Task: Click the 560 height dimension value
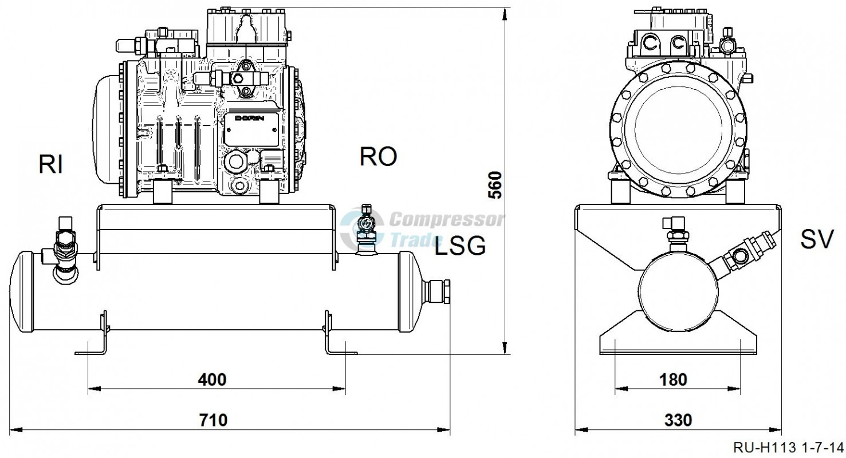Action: coord(495,185)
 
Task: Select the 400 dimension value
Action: coord(213,380)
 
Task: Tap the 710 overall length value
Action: coord(214,420)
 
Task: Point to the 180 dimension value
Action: coord(673,380)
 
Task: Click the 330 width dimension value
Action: coord(678,420)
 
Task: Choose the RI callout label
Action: coord(50,165)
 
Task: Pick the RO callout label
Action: coord(378,156)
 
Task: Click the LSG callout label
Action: coord(460,246)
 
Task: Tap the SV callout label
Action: coord(817,239)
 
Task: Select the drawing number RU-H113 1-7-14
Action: coord(788,448)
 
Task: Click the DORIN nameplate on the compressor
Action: coord(251,129)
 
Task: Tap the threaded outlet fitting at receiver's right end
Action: coord(438,291)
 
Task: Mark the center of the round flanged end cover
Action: coord(678,129)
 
